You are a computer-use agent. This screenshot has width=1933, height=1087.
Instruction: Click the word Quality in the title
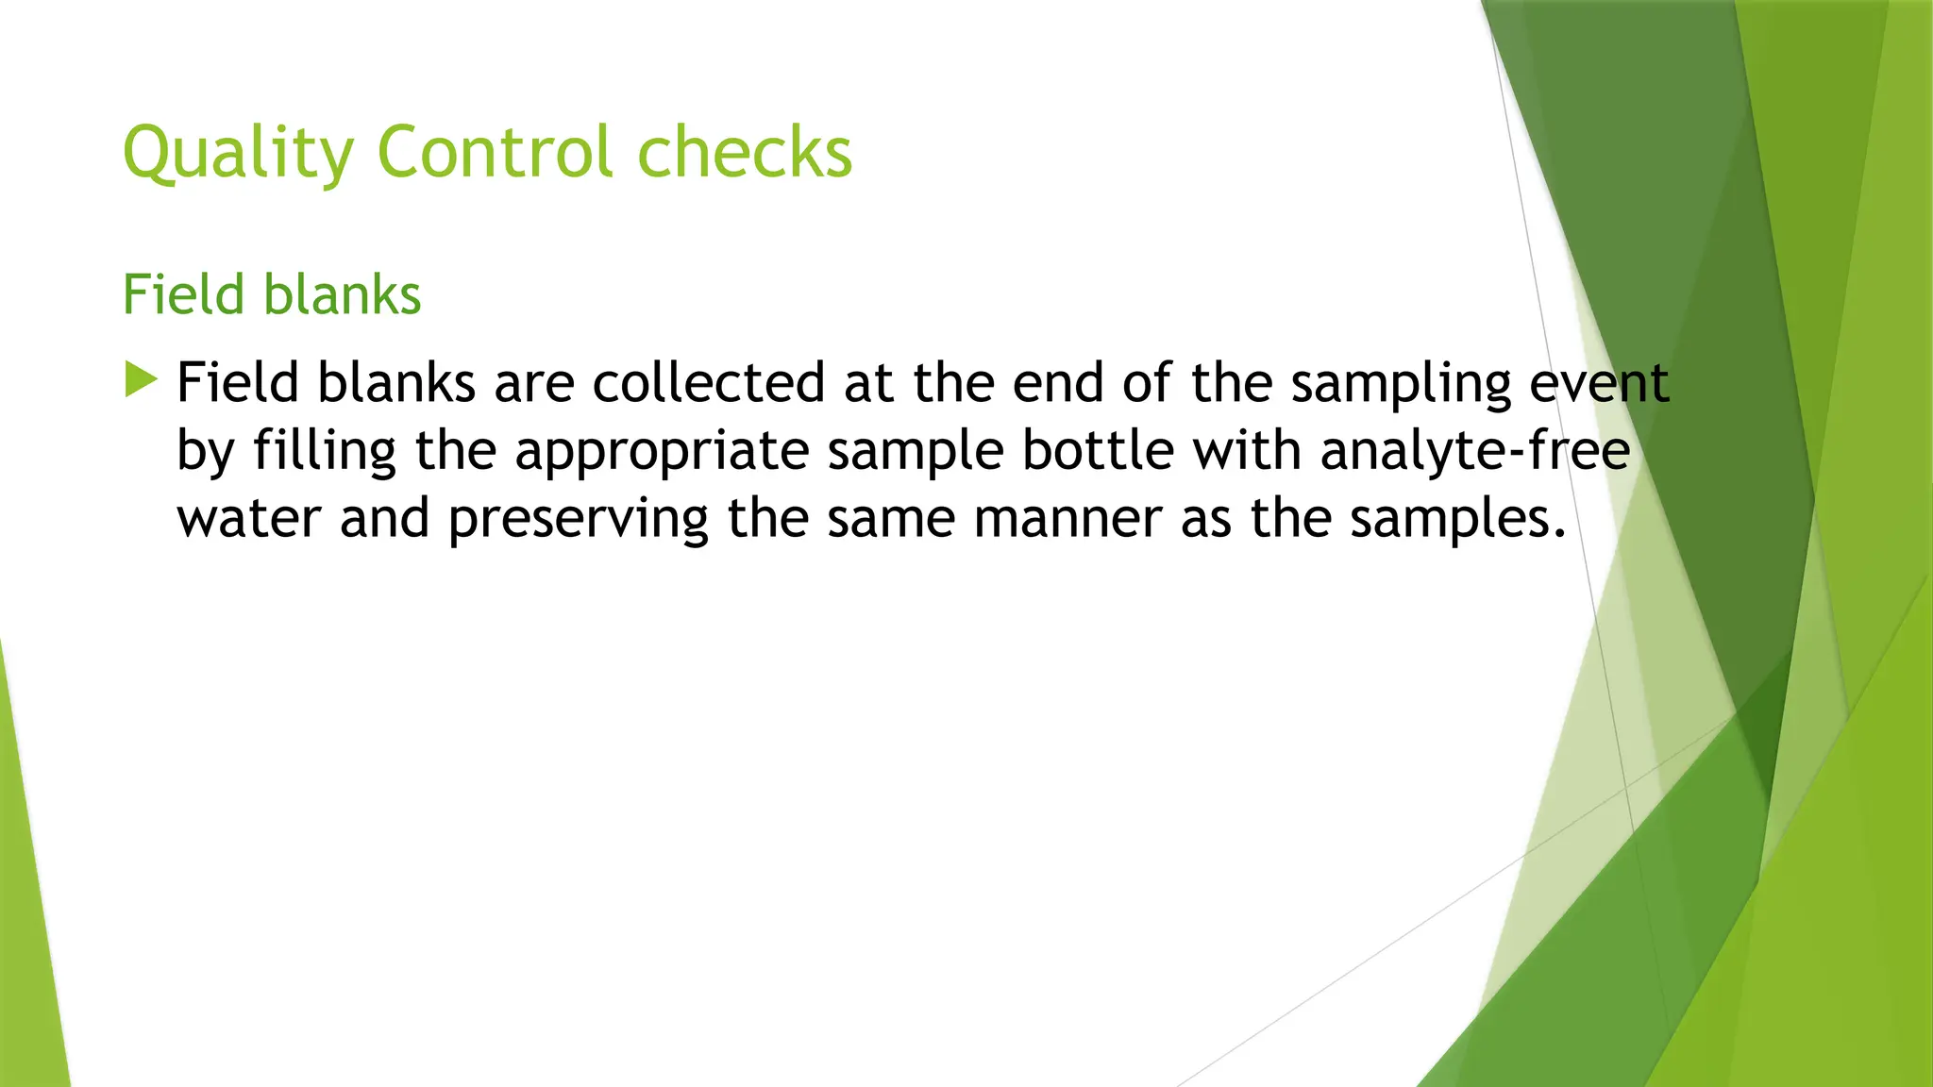[239, 153]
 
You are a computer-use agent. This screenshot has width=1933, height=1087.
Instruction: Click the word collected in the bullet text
[708, 383]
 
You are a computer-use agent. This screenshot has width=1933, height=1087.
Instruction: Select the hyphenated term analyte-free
[1474, 451]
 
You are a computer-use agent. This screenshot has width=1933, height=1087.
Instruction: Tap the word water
[249, 519]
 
